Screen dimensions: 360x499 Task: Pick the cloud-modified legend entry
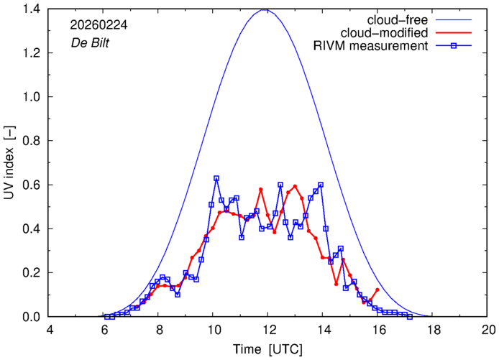[388, 33]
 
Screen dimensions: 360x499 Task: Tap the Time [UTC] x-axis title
[267, 349]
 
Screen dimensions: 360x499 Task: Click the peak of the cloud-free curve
[266, 9]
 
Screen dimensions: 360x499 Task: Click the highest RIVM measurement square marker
[216, 178]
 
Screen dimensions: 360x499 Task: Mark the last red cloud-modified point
[377, 290]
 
